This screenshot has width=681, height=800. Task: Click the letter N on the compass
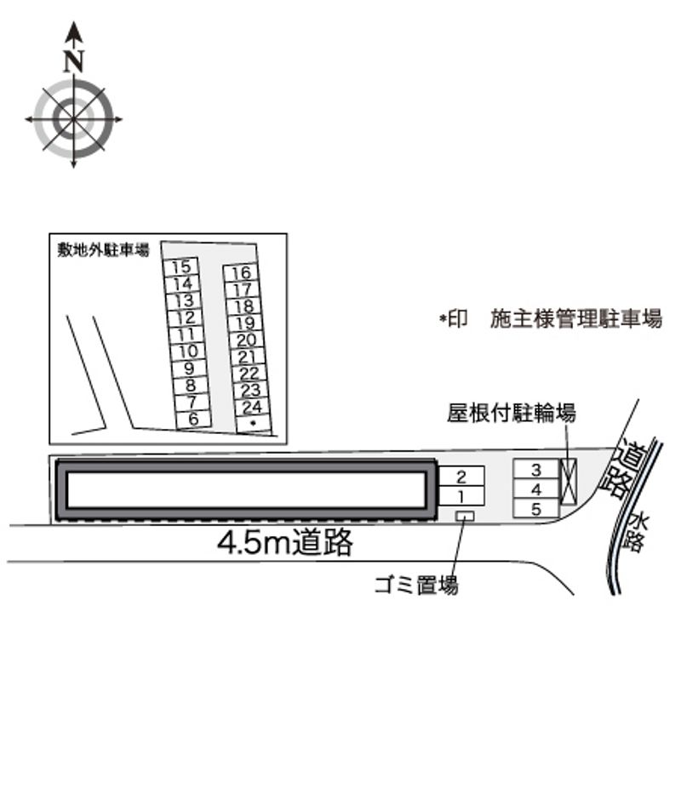74,60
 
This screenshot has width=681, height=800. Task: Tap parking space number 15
180,267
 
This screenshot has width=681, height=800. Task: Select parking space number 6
193,419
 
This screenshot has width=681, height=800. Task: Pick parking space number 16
240,272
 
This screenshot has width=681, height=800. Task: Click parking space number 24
252,407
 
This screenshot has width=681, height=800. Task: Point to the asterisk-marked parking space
254,424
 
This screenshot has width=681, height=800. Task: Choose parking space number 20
246,340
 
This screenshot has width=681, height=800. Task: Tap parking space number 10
188,351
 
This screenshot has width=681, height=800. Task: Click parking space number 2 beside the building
461,476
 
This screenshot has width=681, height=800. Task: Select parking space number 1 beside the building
461,496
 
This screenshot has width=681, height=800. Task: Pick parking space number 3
536,470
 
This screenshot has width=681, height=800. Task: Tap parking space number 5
536,508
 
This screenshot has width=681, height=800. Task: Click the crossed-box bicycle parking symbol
569,482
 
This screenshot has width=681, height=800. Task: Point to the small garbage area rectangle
465,517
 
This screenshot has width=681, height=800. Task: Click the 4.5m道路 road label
285,542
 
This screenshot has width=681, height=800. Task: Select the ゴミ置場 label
416,585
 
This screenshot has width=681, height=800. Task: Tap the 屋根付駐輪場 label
511,413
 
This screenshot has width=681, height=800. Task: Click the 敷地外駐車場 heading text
103,250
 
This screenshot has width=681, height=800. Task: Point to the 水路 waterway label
636,533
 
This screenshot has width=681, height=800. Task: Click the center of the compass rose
74,120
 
